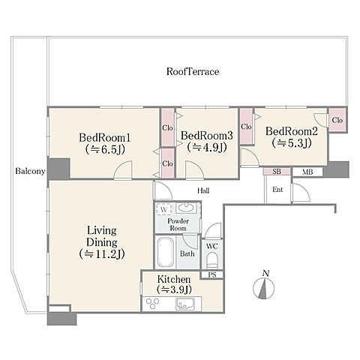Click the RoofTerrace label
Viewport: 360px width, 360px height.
(x=193, y=72)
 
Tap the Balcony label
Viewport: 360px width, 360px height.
(x=30, y=171)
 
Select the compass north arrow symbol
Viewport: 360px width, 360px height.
(x=263, y=287)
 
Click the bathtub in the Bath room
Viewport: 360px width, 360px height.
(x=166, y=253)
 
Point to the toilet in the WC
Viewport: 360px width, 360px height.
(x=212, y=260)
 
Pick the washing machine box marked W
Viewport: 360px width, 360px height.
(x=163, y=209)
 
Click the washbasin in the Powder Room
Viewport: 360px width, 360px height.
(x=184, y=208)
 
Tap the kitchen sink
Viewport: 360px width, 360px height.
(x=185, y=304)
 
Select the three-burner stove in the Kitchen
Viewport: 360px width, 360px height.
(x=152, y=304)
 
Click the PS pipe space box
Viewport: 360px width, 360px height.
(x=212, y=275)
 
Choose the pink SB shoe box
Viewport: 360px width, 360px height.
(x=277, y=172)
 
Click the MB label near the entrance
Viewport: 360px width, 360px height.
(x=307, y=172)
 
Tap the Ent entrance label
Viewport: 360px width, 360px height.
(x=277, y=190)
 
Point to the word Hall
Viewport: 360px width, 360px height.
(x=203, y=190)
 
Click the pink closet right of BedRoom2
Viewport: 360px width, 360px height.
(x=337, y=120)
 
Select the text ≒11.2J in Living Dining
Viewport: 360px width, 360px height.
(x=102, y=254)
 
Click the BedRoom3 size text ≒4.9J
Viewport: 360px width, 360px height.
(x=207, y=148)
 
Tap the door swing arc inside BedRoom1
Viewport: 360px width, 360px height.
(x=122, y=169)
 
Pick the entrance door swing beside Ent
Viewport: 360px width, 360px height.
(x=301, y=192)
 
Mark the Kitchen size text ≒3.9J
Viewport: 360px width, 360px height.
(x=174, y=289)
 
